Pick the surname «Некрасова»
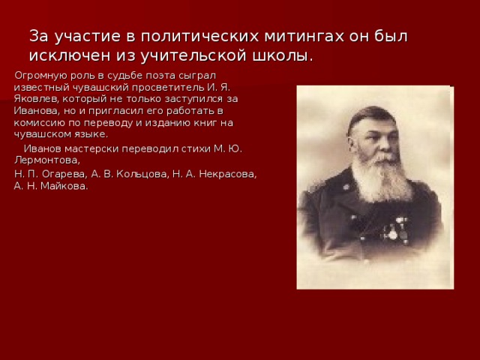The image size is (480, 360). pos(225,174)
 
